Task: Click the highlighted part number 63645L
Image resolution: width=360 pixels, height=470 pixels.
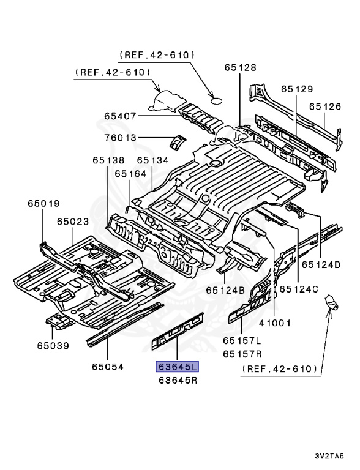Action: [177, 367]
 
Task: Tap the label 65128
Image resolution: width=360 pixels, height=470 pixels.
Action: [240, 68]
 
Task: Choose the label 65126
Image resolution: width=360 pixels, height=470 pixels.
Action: [324, 106]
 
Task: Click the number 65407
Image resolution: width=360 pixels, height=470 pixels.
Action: [120, 116]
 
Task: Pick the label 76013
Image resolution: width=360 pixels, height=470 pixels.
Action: [120, 138]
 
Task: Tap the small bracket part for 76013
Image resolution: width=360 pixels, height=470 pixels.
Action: [177, 140]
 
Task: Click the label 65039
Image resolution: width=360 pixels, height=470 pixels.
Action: [52, 346]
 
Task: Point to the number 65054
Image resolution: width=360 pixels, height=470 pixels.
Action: [108, 367]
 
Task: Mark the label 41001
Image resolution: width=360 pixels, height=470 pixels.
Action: [274, 323]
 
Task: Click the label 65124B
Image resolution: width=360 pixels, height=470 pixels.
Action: [225, 289]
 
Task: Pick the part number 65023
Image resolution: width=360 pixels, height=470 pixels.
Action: [73, 222]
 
